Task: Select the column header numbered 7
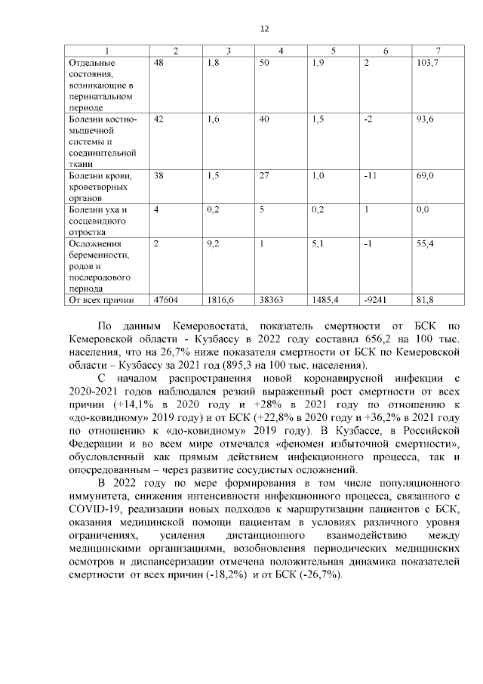[438, 51]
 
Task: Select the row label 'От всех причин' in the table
[101, 300]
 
